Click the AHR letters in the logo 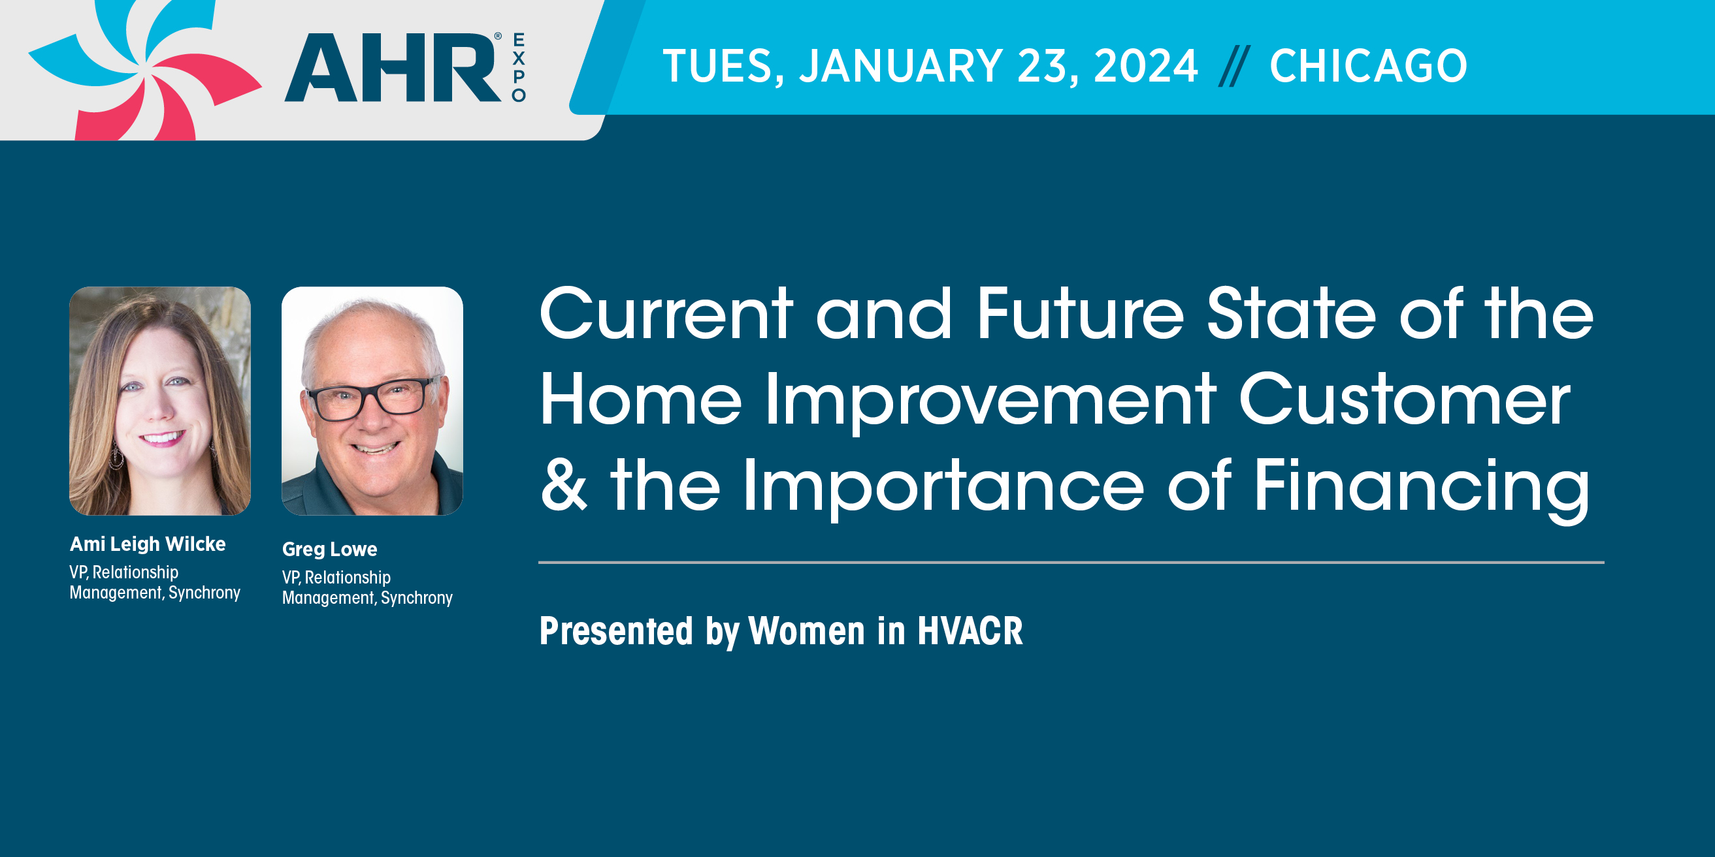pos(393,67)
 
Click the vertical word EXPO pos(519,67)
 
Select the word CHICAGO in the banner pos(1368,66)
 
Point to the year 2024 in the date pos(1145,66)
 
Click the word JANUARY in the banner pos(902,66)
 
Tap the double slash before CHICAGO pos(1234,66)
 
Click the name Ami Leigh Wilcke pos(148,544)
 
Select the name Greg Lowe pos(329,549)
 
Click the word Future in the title pos(1081,313)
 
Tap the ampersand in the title pos(564,484)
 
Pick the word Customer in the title pos(1405,399)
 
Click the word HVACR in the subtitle pos(970,631)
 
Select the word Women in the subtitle pos(806,631)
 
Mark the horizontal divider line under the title pos(1071,562)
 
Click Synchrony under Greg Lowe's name pos(417,598)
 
